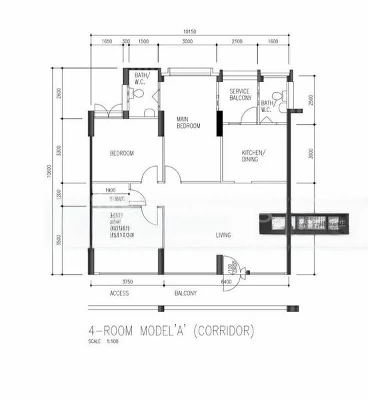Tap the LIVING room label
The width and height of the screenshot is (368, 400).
pos(223,235)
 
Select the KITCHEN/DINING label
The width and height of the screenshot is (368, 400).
pos(253,155)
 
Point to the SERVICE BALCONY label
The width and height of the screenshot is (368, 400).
pos(240,94)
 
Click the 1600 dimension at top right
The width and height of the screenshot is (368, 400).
pos(273,41)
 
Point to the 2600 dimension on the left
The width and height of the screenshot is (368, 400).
pos(59,93)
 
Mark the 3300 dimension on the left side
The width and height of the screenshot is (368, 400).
pos(59,151)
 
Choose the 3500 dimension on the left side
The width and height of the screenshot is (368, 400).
pos(59,239)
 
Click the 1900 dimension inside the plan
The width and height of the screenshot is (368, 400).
pos(111,189)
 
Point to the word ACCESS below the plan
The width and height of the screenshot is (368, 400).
pos(119,293)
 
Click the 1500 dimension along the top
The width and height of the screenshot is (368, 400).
pos(143,41)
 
